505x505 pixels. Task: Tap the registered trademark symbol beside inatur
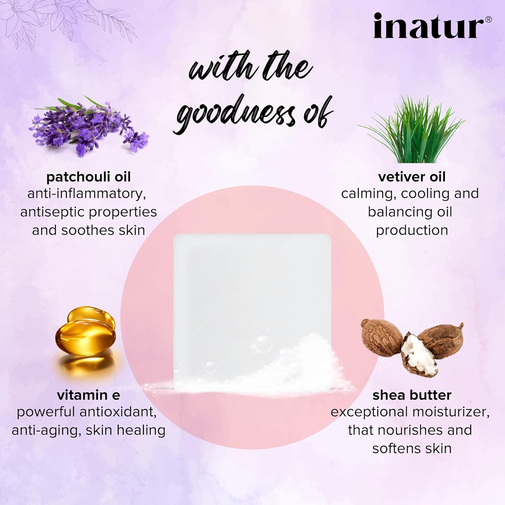488,20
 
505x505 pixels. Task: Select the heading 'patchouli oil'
89,177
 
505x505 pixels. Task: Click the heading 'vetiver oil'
412,177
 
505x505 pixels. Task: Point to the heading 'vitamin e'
89,395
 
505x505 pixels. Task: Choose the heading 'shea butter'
412,395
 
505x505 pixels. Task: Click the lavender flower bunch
89,126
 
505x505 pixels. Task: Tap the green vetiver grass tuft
412,130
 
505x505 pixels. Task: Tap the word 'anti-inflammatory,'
87,194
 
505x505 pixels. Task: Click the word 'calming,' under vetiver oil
369,194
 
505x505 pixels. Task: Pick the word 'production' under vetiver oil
412,231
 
